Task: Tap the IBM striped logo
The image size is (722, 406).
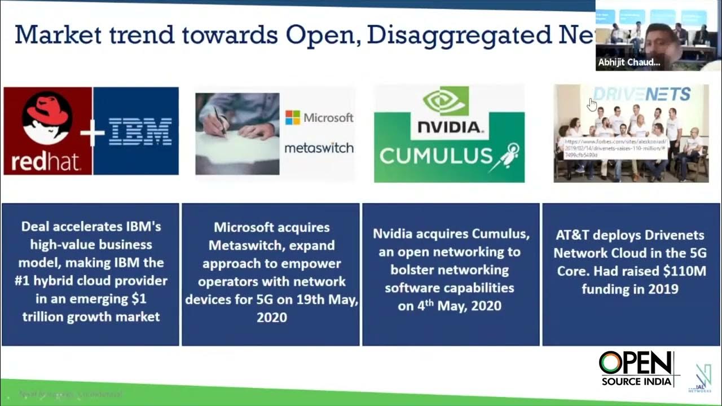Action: pyautogui.click(x=140, y=131)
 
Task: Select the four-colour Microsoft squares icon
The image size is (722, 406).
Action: pyautogui.click(x=292, y=117)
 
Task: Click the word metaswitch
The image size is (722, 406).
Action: pyautogui.click(x=319, y=148)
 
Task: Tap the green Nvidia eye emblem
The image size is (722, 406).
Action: pyautogui.click(x=446, y=100)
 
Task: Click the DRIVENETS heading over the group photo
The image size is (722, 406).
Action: pyautogui.click(x=642, y=94)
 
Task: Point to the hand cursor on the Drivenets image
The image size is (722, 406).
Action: pyautogui.click(x=592, y=105)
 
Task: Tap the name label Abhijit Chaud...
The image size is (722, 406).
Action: pyautogui.click(x=629, y=63)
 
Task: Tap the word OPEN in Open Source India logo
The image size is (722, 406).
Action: pyautogui.click(x=636, y=364)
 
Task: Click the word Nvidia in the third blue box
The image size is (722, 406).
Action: pyautogui.click(x=394, y=233)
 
